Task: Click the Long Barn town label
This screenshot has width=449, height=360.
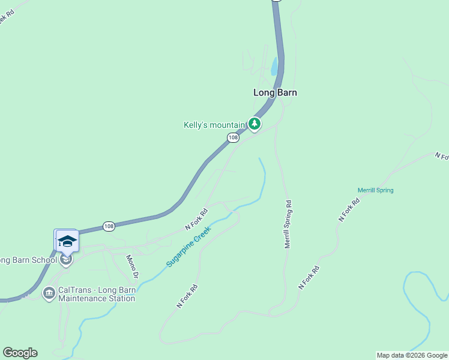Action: [275, 92]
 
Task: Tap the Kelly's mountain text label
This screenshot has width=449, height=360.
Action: [215, 125]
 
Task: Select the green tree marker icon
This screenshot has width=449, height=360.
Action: [255, 124]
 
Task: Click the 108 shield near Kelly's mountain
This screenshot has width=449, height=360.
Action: [234, 138]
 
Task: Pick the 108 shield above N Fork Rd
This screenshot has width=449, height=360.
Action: [109, 226]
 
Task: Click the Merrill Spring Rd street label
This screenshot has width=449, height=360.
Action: [288, 224]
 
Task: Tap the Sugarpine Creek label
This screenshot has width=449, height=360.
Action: [189, 246]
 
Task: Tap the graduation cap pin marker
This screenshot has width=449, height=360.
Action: [67, 241]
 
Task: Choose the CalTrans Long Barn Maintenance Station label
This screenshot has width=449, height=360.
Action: [97, 294]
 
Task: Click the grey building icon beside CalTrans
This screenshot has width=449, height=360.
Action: [49, 293]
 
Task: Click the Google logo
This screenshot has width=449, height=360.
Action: [20, 353]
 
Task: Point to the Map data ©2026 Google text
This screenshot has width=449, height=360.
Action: [412, 355]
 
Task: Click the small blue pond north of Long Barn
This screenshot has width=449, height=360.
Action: [274, 66]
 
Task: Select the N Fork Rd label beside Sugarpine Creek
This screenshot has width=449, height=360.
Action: [196, 219]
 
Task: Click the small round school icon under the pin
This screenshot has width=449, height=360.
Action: [66, 259]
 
